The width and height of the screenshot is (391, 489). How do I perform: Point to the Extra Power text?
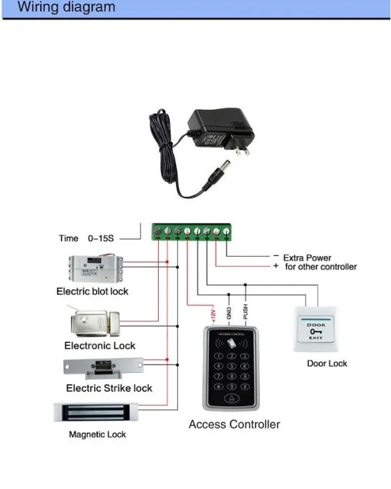(308, 258)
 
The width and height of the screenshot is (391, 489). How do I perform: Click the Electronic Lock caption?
(100, 346)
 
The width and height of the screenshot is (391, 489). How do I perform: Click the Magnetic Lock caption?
(97, 434)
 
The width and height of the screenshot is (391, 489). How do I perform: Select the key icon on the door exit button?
(316, 331)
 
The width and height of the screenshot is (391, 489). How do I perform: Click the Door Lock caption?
(327, 363)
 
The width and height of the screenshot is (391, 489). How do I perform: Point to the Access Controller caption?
(234, 424)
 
